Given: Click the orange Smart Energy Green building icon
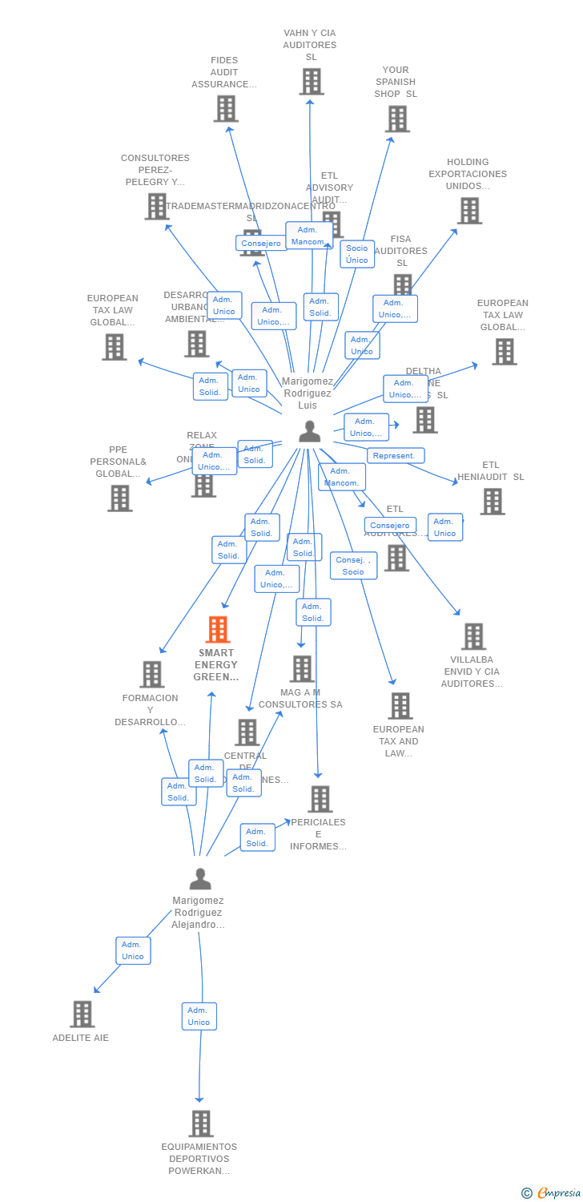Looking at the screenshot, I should click(218, 630).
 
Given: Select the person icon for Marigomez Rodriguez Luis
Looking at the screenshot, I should click(309, 431).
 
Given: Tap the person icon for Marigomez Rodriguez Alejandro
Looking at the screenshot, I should click(200, 879).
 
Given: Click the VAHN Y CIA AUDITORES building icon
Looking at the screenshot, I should click(312, 82).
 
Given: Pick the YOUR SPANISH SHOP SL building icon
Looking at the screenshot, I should click(396, 119).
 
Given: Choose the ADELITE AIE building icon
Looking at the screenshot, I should click(82, 1014).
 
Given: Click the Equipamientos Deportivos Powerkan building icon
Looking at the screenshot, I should click(200, 1123).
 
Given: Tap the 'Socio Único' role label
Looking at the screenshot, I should click(357, 254).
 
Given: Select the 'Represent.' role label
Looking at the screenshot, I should click(395, 455).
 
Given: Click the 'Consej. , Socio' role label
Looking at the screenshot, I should click(353, 566).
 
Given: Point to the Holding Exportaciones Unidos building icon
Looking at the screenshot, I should click(469, 211).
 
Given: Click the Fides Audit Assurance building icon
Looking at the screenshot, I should click(226, 109).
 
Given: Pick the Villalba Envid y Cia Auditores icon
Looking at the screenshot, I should click(473, 636).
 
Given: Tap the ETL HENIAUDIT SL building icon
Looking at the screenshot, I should click(492, 502).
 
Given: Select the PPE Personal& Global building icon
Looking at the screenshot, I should click(119, 498).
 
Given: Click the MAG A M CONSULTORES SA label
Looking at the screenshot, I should click(300, 698).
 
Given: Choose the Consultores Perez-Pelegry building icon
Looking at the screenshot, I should click(156, 206).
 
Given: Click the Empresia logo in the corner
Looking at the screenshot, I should click(551, 1192).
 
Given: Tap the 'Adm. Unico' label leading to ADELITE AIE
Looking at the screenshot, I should click(133, 950).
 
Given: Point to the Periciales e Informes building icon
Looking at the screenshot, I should click(320, 799).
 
